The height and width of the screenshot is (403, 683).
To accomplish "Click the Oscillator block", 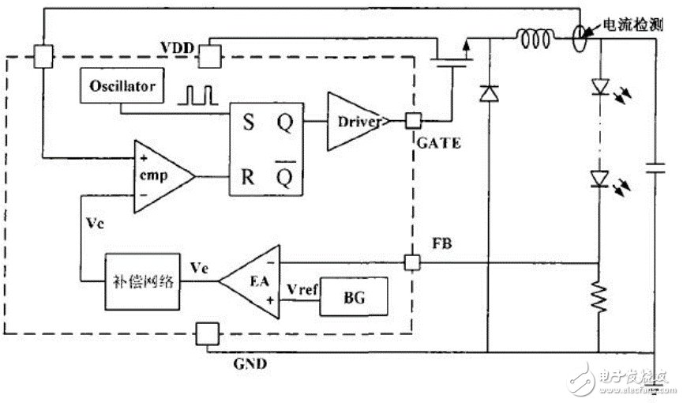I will tap(122, 85).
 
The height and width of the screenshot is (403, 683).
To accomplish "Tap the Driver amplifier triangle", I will tap(355, 121).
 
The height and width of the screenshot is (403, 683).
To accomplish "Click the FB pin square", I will tap(411, 262).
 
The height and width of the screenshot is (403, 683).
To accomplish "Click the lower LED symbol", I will tap(599, 180).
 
